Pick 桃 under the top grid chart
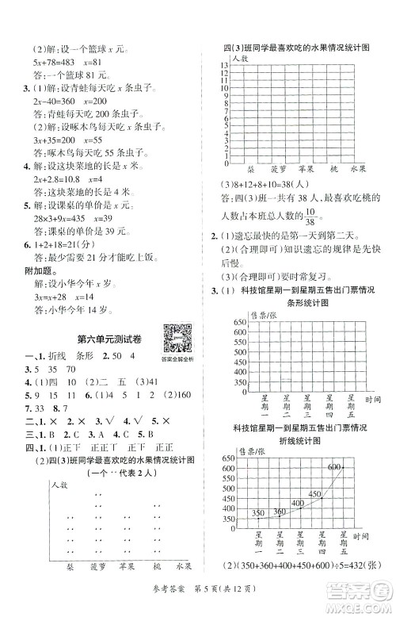(x=333, y=169)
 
